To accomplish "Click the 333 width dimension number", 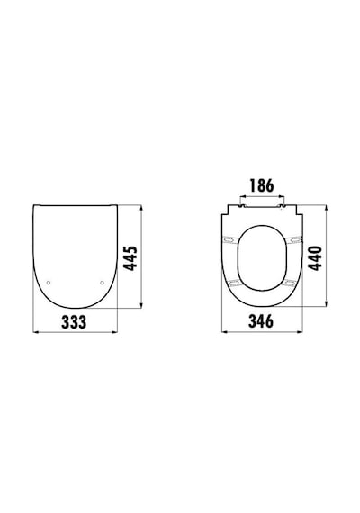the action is pos(74,322).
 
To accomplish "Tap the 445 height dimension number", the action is pos(131,258).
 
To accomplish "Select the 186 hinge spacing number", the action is pos(262,185).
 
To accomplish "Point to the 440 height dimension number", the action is pos(316,258).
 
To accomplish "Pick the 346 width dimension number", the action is pos(261,321).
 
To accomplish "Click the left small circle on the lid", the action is pos(49,283).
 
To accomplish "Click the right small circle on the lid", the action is pos(102,283).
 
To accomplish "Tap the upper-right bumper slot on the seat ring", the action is pos(295,239).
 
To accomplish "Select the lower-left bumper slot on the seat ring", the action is pos(233,282).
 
